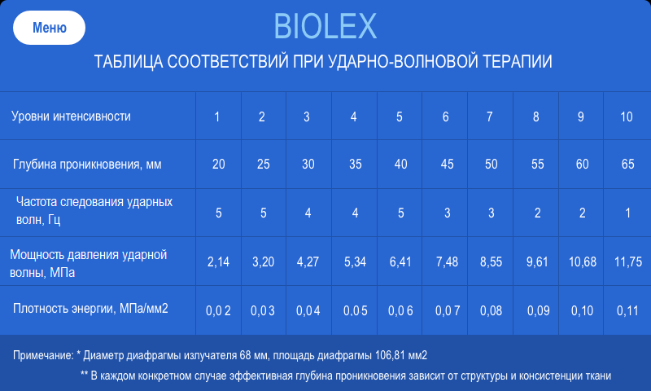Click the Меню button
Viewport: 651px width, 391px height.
tap(49, 28)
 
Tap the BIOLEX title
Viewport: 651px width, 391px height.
tap(325, 28)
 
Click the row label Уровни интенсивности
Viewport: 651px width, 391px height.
tap(71, 116)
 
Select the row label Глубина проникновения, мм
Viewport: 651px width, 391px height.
tap(87, 165)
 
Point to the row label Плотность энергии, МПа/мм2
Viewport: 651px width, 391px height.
tap(90, 309)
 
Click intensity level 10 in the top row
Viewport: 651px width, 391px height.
tap(626, 116)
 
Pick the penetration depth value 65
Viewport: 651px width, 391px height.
tap(627, 165)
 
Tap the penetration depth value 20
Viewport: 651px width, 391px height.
tap(218, 165)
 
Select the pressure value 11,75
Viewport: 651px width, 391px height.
tap(628, 261)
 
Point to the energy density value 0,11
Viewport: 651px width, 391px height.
tap(627, 310)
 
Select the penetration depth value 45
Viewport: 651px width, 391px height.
tap(445, 165)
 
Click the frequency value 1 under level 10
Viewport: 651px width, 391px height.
tap(627, 213)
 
